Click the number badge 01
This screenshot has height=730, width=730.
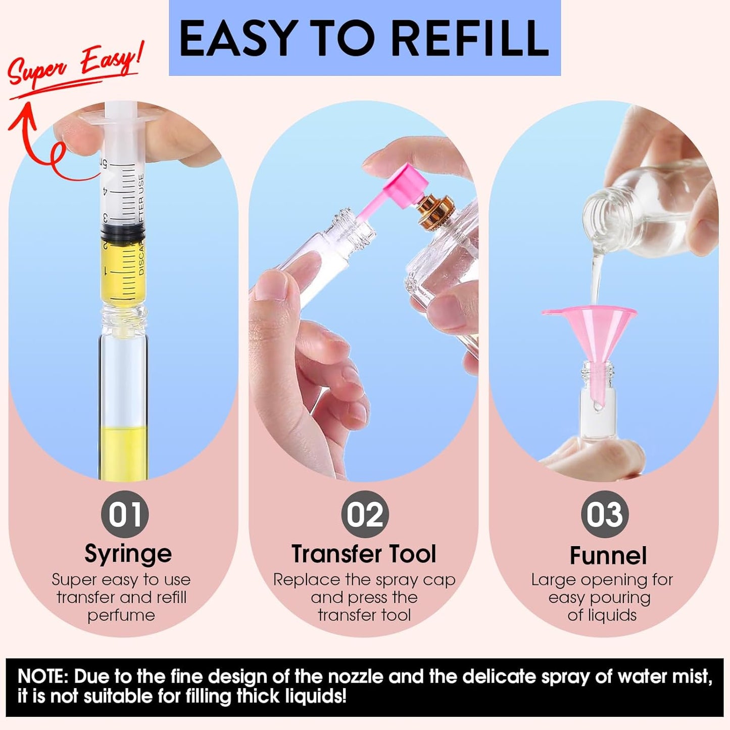125,514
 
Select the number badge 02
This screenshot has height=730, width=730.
365,514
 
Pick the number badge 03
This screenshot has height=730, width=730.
604,514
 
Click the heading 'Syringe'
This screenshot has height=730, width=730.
128,554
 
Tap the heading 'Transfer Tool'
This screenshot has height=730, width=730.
364,554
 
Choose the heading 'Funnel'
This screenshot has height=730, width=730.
608,555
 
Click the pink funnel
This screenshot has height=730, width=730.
591,333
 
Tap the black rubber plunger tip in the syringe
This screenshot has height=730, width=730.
122,232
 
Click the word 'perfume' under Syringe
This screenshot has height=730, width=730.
121,615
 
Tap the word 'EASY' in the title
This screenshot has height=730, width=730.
236,38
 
